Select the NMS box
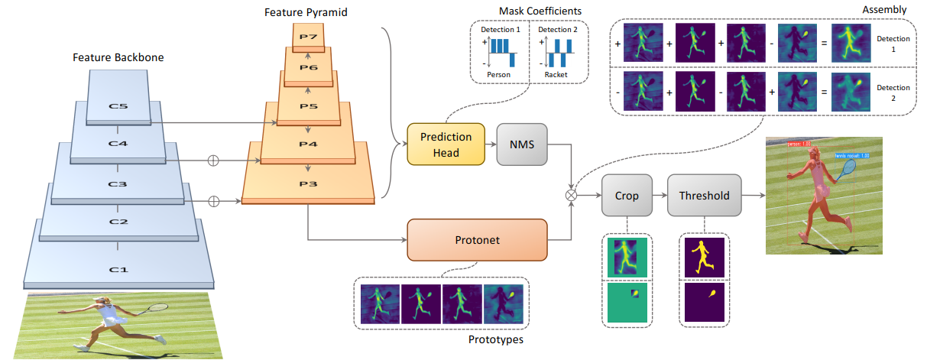[x=521, y=143]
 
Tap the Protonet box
[x=477, y=239]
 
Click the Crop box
[x=626, y=196]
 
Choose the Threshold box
[x=703, y=196]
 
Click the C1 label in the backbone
[x=118, y=269]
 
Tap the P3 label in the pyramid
[x=308, y=184]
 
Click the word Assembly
[x=886, y=10]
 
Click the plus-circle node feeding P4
[x=214, y=161]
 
